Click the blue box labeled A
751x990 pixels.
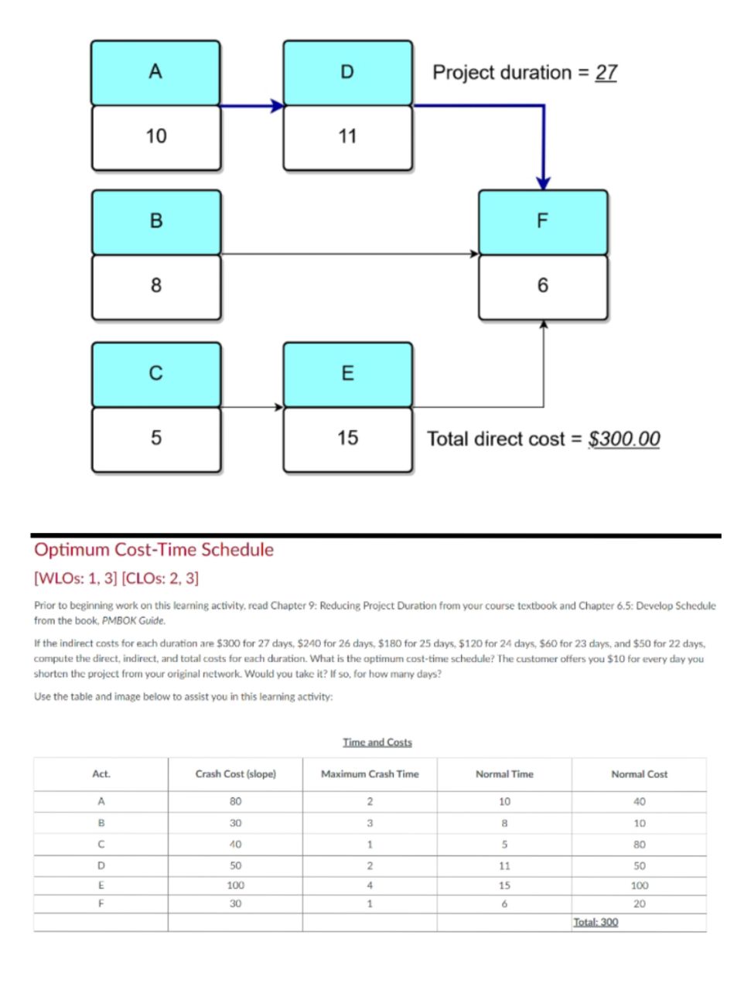click(x=155, y=72)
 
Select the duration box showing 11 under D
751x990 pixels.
click(x=347, y=137)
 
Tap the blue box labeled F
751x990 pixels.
click(x=542, y=221)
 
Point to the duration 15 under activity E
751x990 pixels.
click(x=347, y=439)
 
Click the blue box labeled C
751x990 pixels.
click(x=155, y=374)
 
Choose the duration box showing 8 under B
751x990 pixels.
click(x=155, y=286)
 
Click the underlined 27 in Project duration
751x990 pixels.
click(x=606, y=73)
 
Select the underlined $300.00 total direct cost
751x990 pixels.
click(x=624, y=439)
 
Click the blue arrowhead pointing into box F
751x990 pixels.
click(x=544, y=183)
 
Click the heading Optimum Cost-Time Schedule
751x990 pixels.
click(x=154, y=550)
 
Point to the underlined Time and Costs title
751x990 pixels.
click(x=377, y=742)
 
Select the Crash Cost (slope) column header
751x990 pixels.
click(x=236, y=774)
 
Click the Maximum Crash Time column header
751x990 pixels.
click(x=370, y=774)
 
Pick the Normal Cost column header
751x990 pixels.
click(x=639, y=774)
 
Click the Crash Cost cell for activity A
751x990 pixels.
click(x=236, y=801)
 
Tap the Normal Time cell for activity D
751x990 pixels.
click(x=504, y=866)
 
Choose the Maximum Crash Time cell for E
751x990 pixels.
click(x=370, y=885)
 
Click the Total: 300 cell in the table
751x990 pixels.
click(x=596, y=922)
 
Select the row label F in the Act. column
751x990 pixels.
click(x=101, y=903)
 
